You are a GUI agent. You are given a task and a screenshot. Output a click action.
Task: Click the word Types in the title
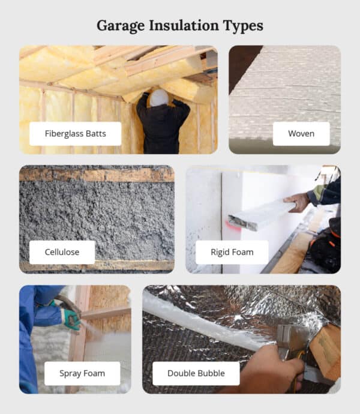245,26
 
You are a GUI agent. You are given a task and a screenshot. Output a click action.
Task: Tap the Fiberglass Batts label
75,133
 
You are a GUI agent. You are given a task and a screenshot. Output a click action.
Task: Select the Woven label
301,133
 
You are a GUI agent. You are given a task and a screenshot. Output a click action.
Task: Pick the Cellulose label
62,252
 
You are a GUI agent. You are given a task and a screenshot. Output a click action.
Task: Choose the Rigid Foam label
232,252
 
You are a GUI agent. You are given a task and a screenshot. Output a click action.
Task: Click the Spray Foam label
82,373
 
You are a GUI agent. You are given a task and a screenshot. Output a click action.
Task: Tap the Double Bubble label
196,373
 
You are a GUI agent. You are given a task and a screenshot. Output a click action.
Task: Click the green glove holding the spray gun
71,319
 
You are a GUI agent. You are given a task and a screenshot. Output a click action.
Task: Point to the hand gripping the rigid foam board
296,202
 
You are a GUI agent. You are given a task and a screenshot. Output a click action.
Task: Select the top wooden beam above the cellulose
97,175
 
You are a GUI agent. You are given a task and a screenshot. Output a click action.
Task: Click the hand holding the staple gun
270,369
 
